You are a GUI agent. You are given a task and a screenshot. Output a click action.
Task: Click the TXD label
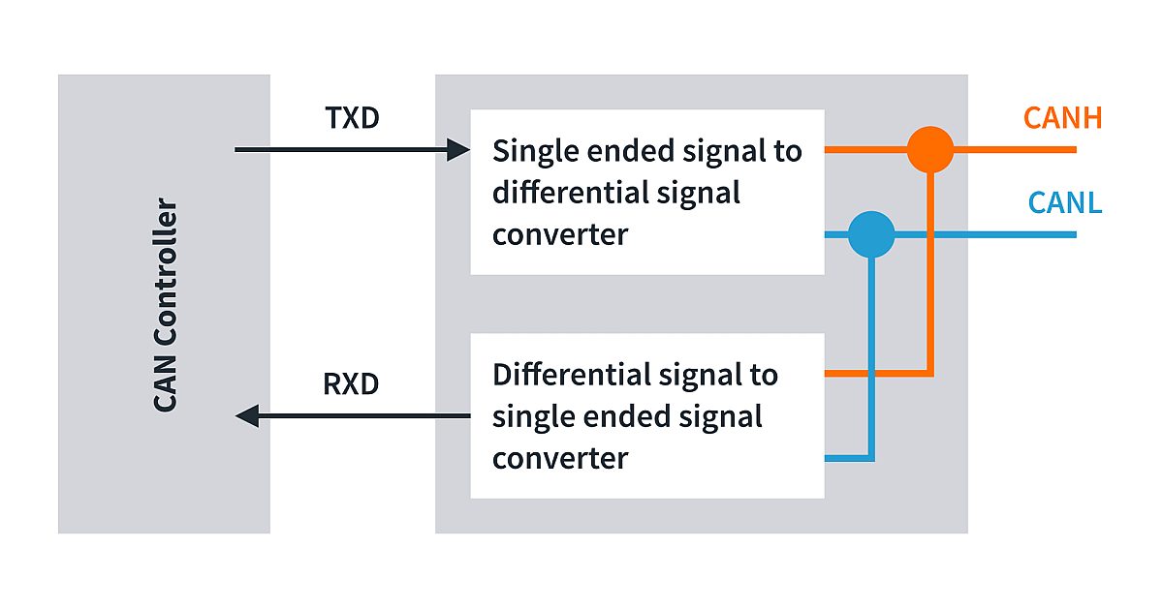click(351, 119)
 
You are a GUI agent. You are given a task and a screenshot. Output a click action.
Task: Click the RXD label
click(351, 384)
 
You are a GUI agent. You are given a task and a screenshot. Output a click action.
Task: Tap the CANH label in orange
click(1062, 119)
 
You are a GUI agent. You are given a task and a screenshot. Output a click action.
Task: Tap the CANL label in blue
click(1065, 204)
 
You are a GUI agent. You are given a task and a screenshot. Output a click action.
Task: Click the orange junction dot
click(930, 150)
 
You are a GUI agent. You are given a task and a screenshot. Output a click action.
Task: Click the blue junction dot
click(871, 234)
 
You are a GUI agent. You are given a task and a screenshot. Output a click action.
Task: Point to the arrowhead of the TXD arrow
click(459, 150)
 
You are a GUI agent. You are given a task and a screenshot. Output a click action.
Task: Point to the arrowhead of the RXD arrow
click(246, 416)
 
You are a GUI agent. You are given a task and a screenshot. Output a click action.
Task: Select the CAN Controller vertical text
click(166, 305)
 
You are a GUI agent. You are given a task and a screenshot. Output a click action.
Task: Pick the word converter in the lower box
click(559, 458)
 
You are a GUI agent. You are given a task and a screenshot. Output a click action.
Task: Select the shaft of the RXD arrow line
click(368, 416)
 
